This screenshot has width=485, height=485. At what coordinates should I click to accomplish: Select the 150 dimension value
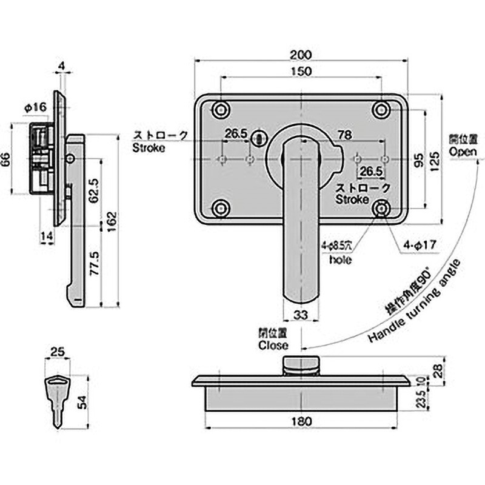[x=301, y=72]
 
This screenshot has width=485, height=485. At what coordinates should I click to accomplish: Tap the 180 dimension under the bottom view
[x=301, y=421]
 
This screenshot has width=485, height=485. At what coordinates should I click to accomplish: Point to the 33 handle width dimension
[x=301, y=314]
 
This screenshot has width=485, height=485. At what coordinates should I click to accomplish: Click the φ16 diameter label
[x=35, y=107]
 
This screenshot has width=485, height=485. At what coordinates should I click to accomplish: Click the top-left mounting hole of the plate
[x=219, y=110]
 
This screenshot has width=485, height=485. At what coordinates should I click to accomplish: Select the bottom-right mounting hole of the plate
[x=382, y=209]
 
